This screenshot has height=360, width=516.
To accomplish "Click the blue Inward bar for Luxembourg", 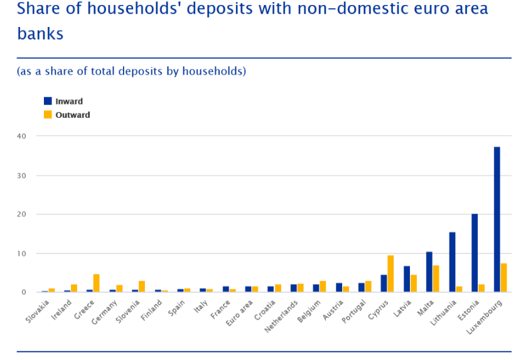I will click(x=497, y=220).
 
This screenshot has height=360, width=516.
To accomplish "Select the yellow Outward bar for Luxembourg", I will click(x=504, y=278).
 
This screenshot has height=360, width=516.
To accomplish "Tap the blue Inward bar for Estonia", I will click(x=475, y=253).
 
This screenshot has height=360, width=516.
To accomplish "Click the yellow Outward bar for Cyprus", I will click(x=390, y=273).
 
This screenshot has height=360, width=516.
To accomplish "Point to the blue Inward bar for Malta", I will click(x=429, y=272).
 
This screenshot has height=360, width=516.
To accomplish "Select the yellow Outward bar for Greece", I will click(x=96, y=283).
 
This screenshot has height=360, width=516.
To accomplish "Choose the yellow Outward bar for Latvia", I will click(x=414, y=283).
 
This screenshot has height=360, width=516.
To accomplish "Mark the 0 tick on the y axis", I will click(x=24, y=292).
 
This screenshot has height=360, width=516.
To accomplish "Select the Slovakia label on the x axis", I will click(x=38, y=311).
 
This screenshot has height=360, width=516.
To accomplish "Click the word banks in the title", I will click(x=40, y=33).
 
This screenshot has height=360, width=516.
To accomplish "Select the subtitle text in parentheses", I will click(x=131, y=71).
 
